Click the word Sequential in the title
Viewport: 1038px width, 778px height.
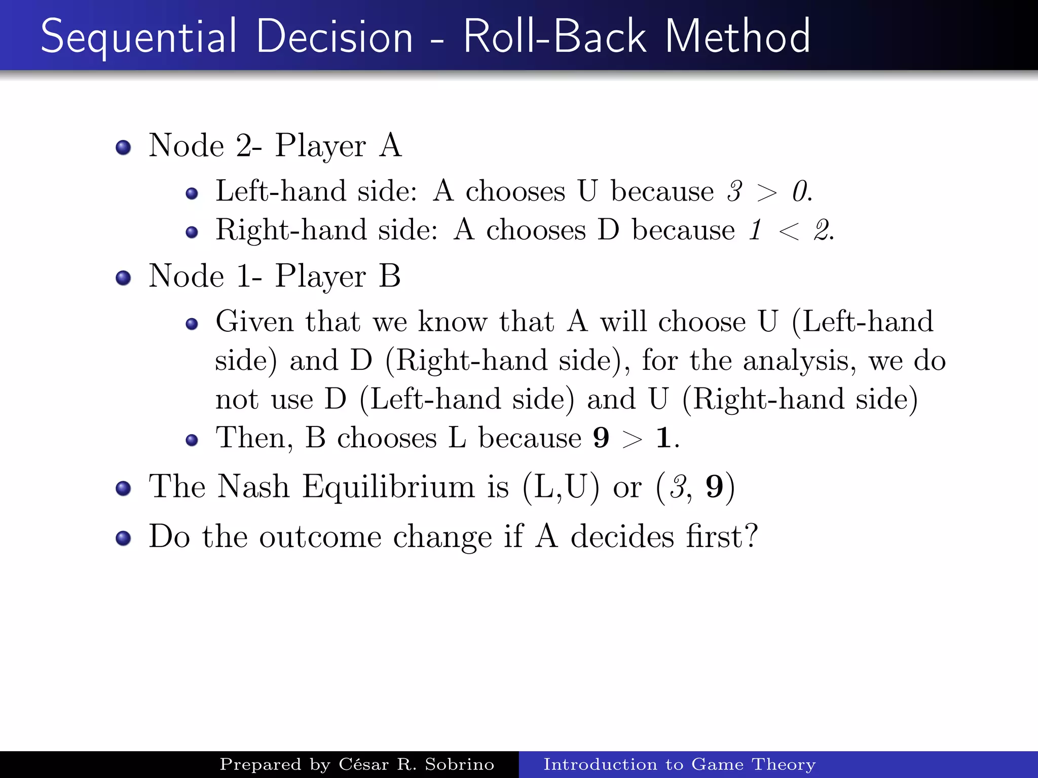(138, 36)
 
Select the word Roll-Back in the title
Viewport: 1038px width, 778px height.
(555, 36)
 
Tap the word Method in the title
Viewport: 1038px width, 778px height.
(737, 36)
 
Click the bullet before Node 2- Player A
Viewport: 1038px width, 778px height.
(123, 147)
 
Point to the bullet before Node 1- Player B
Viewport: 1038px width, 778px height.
(123, 278)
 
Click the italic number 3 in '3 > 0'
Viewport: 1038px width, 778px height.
(734, 191)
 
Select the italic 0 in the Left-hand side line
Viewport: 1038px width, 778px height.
(800, 191)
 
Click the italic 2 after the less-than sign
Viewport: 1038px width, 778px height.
(822, 230)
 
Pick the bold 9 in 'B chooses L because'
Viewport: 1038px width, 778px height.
(601, 438)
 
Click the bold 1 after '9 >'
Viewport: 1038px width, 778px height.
(663, 438)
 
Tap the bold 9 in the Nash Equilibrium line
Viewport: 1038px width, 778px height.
(715, 487)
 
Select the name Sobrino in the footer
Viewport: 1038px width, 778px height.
(459, 764)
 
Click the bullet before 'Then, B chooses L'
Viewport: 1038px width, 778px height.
(192, 440)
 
